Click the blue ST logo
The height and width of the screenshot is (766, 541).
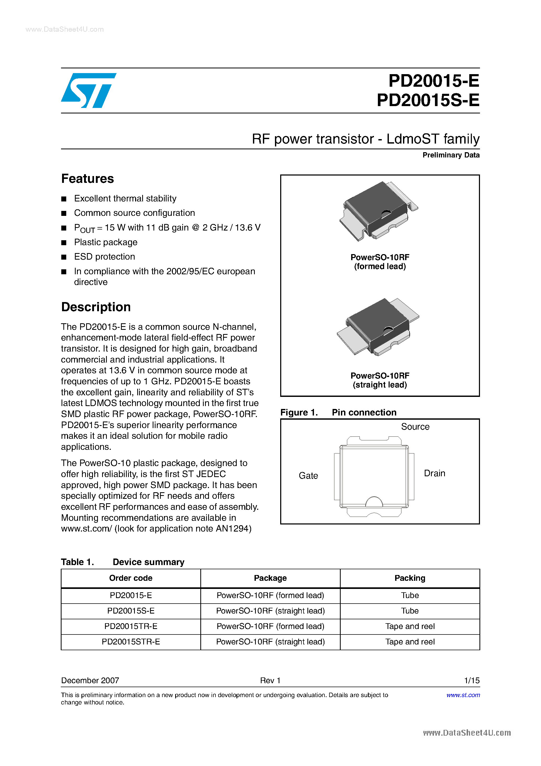89,90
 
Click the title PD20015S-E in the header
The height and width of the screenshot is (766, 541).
428,100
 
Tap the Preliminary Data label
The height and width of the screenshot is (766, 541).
451,155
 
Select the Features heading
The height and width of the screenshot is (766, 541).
87,179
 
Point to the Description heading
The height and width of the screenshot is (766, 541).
96,307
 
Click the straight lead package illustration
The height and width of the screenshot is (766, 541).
378,327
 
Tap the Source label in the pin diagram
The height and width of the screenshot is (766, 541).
415,427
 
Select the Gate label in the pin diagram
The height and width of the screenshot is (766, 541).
308,476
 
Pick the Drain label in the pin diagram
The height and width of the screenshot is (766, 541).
434,473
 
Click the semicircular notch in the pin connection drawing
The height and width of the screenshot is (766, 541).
374,502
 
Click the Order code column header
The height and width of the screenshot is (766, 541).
131,578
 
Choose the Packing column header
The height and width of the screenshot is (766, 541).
410,578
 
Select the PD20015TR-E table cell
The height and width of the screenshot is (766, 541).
131,626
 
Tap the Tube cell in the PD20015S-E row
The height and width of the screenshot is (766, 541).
410,611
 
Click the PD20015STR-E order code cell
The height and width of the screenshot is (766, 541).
131,642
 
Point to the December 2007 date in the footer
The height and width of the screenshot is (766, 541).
90,680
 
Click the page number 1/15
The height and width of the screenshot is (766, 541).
472,680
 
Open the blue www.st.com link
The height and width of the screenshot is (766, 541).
463,695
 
